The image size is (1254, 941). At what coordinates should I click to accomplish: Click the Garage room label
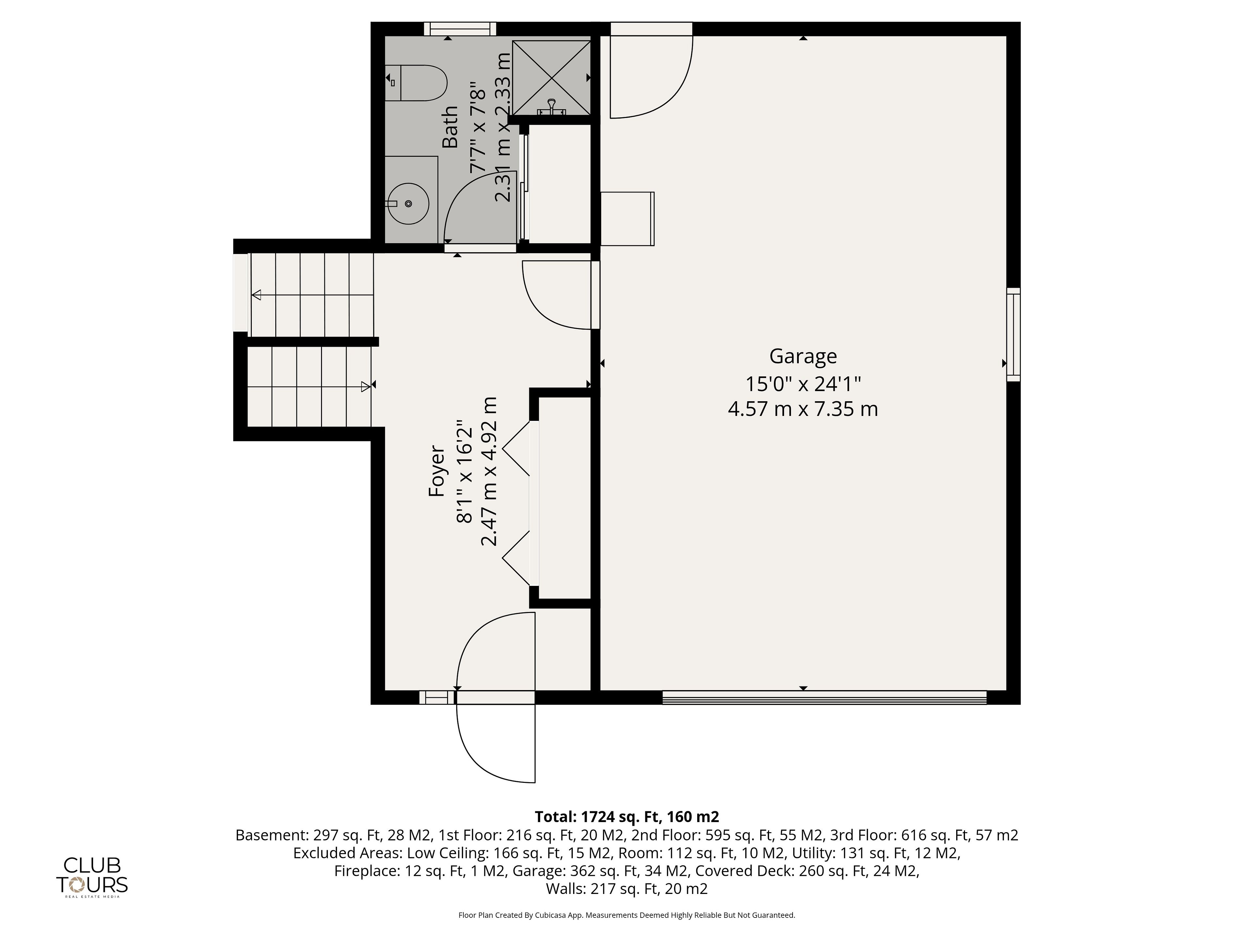803,356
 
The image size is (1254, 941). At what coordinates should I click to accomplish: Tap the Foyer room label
437,471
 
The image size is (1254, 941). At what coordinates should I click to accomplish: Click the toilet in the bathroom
416,83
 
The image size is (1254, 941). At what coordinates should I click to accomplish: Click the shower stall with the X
551,78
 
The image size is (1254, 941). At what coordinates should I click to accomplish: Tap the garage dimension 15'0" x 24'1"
803,384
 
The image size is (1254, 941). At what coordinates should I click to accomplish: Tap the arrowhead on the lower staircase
366,387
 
